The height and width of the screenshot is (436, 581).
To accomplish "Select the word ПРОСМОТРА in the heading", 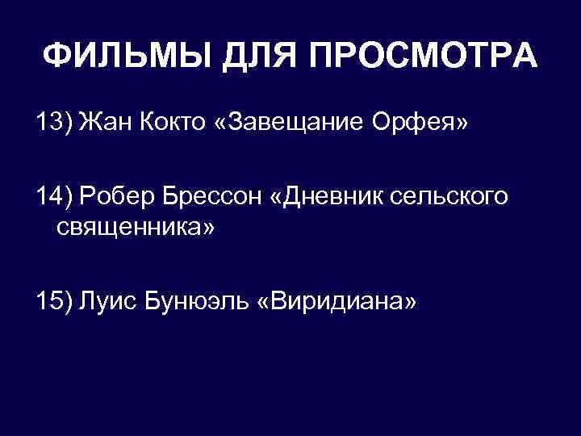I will click(420, 56).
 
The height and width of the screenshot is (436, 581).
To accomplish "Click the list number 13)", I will click(54, 125).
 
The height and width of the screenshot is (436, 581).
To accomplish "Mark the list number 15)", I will click(54, 302).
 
